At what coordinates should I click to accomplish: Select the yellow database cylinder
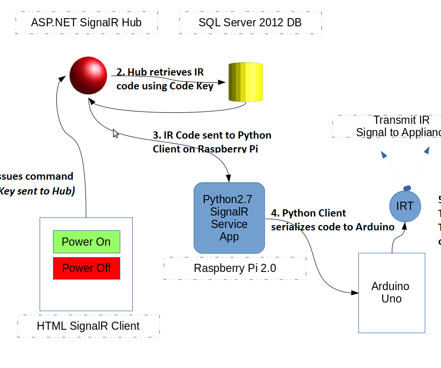[x=246, y=82]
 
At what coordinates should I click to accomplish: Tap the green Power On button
[x=86, y=242]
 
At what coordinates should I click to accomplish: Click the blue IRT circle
[x=405, y=206]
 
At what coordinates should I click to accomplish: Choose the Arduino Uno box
[x=391, y=292]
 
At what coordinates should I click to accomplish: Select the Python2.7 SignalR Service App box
[x=229, y=218]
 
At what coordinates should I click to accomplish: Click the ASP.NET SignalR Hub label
[x=86, y=22]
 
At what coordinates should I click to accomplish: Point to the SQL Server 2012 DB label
[x=250, y=22]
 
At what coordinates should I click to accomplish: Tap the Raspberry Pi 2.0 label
[x=235, y=268]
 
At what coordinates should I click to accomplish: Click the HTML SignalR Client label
[x=88, y=326]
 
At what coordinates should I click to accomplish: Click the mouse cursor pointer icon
[x=115, y=133]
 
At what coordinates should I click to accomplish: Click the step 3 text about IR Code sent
[x=212, y=142]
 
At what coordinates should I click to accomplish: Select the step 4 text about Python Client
[x=333, y=220]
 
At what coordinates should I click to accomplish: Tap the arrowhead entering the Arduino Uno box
[x=354, y=292]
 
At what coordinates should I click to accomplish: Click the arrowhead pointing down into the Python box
[x=229, y=178]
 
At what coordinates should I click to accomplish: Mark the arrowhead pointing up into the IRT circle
[x=404, y=226]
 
